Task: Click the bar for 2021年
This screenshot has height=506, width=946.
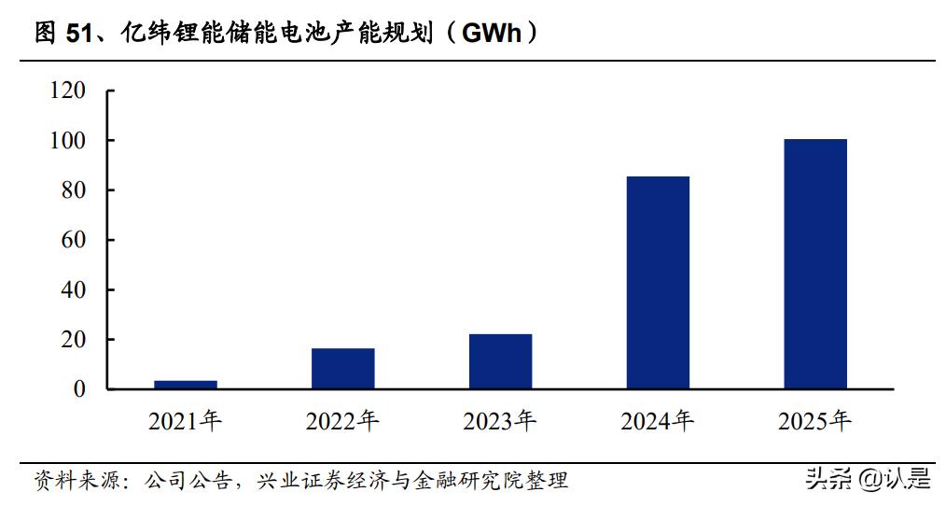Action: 186,384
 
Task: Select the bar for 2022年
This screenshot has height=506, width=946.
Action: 342,368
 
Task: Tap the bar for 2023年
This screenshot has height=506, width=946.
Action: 500,361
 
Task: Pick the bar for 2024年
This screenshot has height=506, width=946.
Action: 658,282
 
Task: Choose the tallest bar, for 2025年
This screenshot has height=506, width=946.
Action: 815,263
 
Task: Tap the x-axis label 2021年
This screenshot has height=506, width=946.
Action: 185,421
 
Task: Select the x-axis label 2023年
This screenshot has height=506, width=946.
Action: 500,421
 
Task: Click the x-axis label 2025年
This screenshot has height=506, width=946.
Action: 815,421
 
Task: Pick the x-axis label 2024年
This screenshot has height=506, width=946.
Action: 658,421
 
